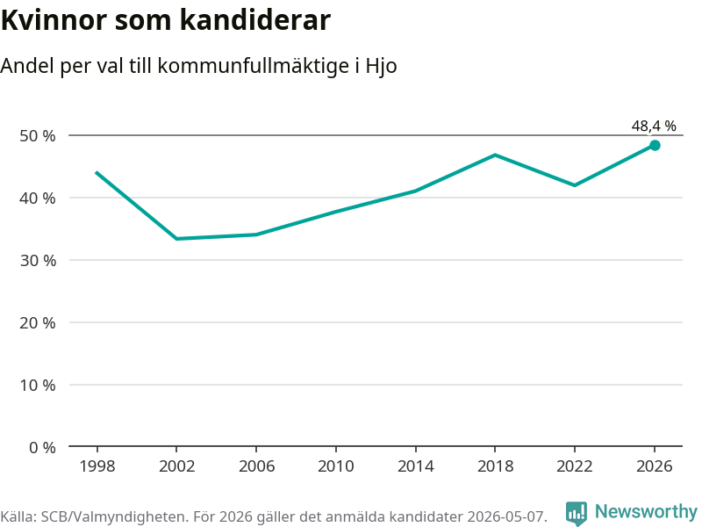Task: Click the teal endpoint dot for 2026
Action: tap(655, 145)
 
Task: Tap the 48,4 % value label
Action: tap(654, 126)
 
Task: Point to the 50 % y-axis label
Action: tap(38, 136)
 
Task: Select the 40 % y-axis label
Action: tap(38, 199)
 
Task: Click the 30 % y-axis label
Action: tap(38, 260)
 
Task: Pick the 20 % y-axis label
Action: tap(38, 322)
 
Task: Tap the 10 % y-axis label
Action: tap(38, 385)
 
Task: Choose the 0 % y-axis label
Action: tap(42, 447)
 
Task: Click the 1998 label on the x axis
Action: tap(97, 466)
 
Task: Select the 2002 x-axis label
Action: tap(177, 466)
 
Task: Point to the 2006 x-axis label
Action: tap(256, 466)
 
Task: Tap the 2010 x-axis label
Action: tap(336, 466)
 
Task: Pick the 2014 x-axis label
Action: tap(415, 466)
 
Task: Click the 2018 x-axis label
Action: tap(495, 466)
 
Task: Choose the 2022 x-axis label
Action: tap(575, 466)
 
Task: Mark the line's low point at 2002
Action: tap(177, 238)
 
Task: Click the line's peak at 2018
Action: tap(495, 155)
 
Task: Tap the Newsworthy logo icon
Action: tap(577, 513)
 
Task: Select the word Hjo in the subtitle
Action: tap(382, 67)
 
